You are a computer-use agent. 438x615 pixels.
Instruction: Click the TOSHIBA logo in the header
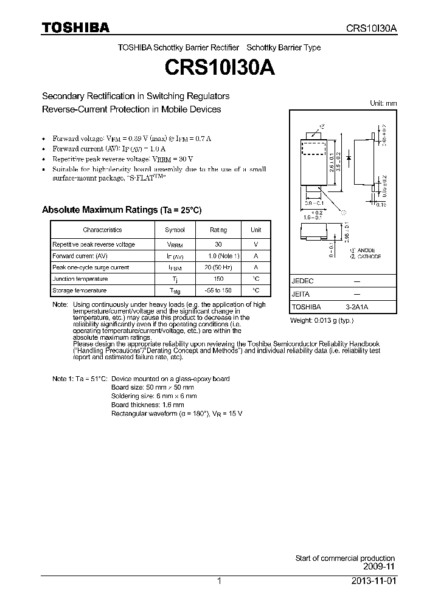75,27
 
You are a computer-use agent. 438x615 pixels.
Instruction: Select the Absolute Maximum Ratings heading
121,210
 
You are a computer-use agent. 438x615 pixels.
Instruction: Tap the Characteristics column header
102,230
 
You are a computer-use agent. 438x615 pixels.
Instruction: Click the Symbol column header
175,230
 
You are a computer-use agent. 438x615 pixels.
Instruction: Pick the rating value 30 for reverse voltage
218,244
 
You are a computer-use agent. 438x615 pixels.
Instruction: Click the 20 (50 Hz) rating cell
218,267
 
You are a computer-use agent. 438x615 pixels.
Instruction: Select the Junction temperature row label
80,279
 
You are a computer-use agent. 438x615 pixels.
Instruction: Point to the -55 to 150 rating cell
218,290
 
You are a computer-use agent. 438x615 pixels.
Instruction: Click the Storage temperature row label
80,290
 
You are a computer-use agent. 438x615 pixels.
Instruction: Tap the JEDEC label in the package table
302,281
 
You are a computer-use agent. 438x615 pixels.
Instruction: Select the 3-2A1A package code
356,307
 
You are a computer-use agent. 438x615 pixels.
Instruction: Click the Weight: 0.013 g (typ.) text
321,320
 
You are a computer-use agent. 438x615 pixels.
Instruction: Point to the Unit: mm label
383,103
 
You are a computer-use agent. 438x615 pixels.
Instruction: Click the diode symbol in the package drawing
349,157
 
